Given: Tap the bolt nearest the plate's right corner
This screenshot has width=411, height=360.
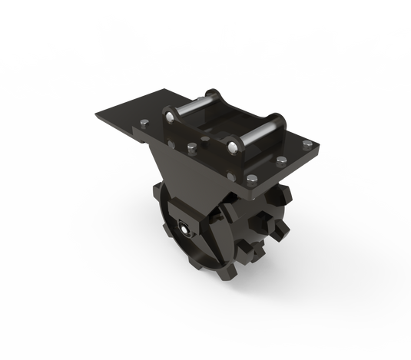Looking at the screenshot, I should click(x=307, y=147).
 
